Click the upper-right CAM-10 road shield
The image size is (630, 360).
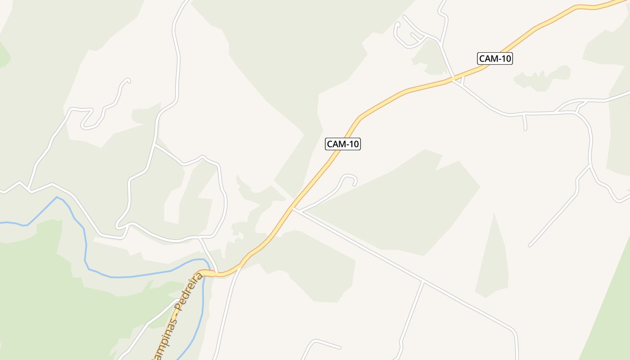click(495, 58)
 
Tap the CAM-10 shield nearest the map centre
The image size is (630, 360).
click(343, 144)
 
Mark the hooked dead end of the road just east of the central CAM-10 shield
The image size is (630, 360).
click(355, 184)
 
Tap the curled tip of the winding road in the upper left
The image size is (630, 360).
click(129, 81)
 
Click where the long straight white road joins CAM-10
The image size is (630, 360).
click(293, 208)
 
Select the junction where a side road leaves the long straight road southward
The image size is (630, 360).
click(423, 282)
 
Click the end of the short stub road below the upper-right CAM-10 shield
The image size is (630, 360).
click(525, 129)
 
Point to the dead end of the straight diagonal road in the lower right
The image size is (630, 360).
click(530, 246)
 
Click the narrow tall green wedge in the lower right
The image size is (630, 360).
click(493, 261)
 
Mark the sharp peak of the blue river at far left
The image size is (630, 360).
click(57, 197)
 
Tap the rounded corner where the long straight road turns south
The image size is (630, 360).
click(514, 332)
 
